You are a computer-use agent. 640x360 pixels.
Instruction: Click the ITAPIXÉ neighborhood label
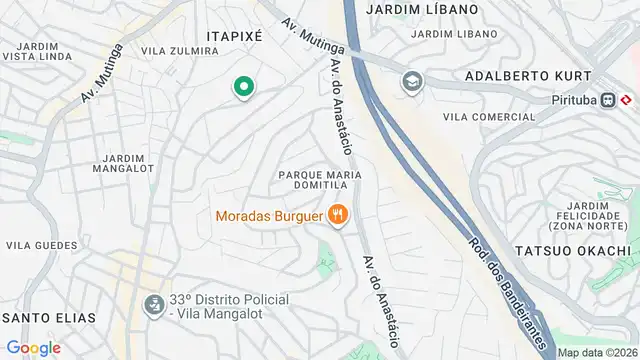point(233,35)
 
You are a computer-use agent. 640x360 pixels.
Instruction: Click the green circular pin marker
point(242,88)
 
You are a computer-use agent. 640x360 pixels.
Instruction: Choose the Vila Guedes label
point(42,244)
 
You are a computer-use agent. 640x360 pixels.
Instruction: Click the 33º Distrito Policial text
point(229,300)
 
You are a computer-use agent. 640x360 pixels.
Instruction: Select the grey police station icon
point(153,303)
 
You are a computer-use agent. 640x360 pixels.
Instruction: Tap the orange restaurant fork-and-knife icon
point(339,214)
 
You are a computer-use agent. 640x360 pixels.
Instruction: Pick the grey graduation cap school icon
point(411,82)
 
